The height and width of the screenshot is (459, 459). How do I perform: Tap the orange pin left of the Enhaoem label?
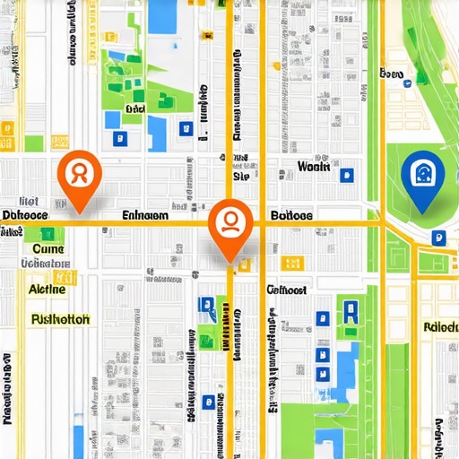click(78, 174)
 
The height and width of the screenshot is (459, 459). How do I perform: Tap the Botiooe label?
click(291, 215)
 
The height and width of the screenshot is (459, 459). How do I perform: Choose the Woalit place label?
click(314, 167)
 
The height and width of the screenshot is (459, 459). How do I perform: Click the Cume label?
click(47, 248)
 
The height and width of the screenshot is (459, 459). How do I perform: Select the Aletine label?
click(47, 290)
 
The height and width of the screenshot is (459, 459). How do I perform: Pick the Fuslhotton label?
click(60, 318)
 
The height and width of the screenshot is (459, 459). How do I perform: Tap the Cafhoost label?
click(288, 290)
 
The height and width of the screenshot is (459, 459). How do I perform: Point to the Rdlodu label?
click(440, 326)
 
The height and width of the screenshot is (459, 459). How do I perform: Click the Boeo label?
click(393, 74)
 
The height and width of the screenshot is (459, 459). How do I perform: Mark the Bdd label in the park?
click(135, 109)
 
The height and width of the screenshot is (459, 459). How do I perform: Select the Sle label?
click(240, 177)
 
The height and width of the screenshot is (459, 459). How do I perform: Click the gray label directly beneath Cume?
click(45, 264)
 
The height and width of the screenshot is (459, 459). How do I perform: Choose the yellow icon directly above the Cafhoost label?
click(289, 263)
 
